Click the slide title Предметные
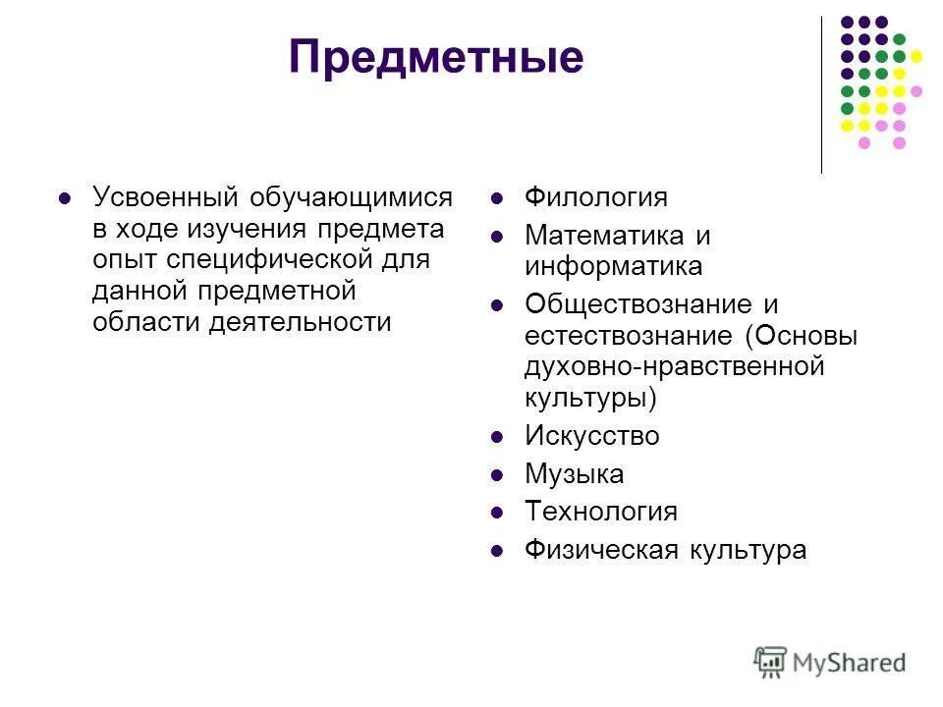tap(436, 58)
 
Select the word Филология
tap(595, 197)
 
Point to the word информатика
tap(613, 266)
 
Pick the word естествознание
tap(629, 336)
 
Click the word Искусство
tap(591, 436)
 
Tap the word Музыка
tap(574, 474)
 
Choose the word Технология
tap(600, 512)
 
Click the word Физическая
tap(594, 550)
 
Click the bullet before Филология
tap(498, 198)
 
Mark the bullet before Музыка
tap(498, 475)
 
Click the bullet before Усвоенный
tap(66, 198)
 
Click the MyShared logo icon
tap(771, 661)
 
